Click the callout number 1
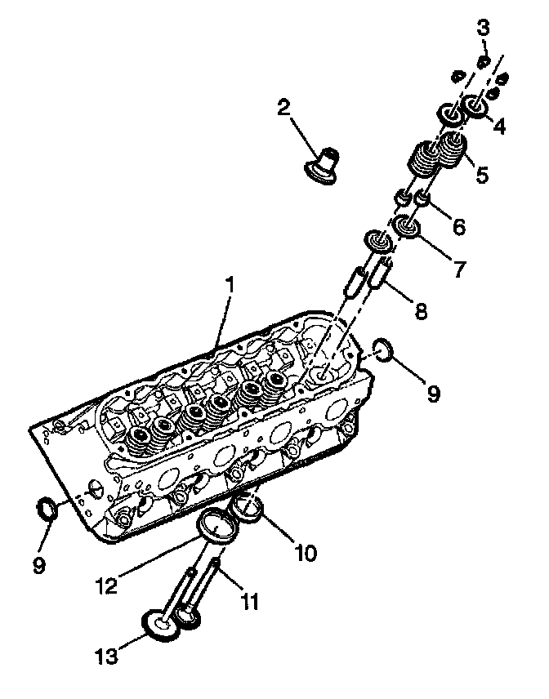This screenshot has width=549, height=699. click(230, 286)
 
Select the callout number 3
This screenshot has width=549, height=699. click(484, 26)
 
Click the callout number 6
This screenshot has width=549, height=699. click(459, 226)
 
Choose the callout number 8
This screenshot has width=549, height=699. click(421, 309)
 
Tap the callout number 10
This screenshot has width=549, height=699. click(306, 553)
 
